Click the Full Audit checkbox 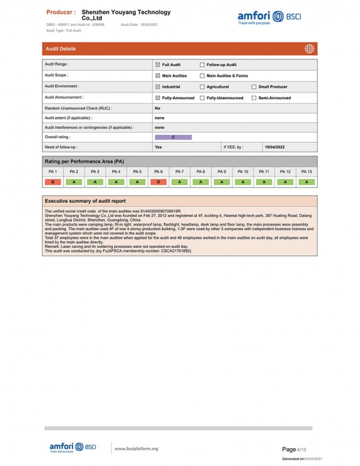point(157,65)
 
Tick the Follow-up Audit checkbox point(202,65)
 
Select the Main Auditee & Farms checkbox point(202,75)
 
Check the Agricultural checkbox point(202,87)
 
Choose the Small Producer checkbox point(254,87)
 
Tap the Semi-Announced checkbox point(254,98)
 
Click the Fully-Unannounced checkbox point(202,98)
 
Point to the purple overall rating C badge point(173,137)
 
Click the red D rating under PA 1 point(52,182)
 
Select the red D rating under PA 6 point(159,182)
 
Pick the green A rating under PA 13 point(306,182)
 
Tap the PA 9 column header point(222,172)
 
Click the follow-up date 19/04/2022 point(275,147)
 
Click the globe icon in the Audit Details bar point(309,48)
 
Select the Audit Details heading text point(61,49)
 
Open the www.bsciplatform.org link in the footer point(136,449)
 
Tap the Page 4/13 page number point(295,449)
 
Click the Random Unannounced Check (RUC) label point(78,108)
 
